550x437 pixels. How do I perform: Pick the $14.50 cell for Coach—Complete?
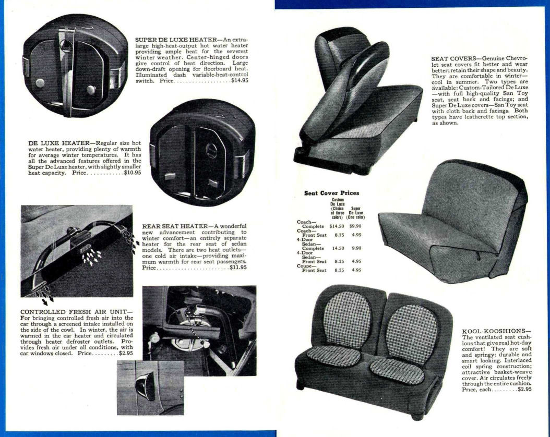pos(338,226)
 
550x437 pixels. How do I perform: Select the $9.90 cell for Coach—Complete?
pos(356,226)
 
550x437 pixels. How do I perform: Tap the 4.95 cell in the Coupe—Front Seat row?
pos(357,270)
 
